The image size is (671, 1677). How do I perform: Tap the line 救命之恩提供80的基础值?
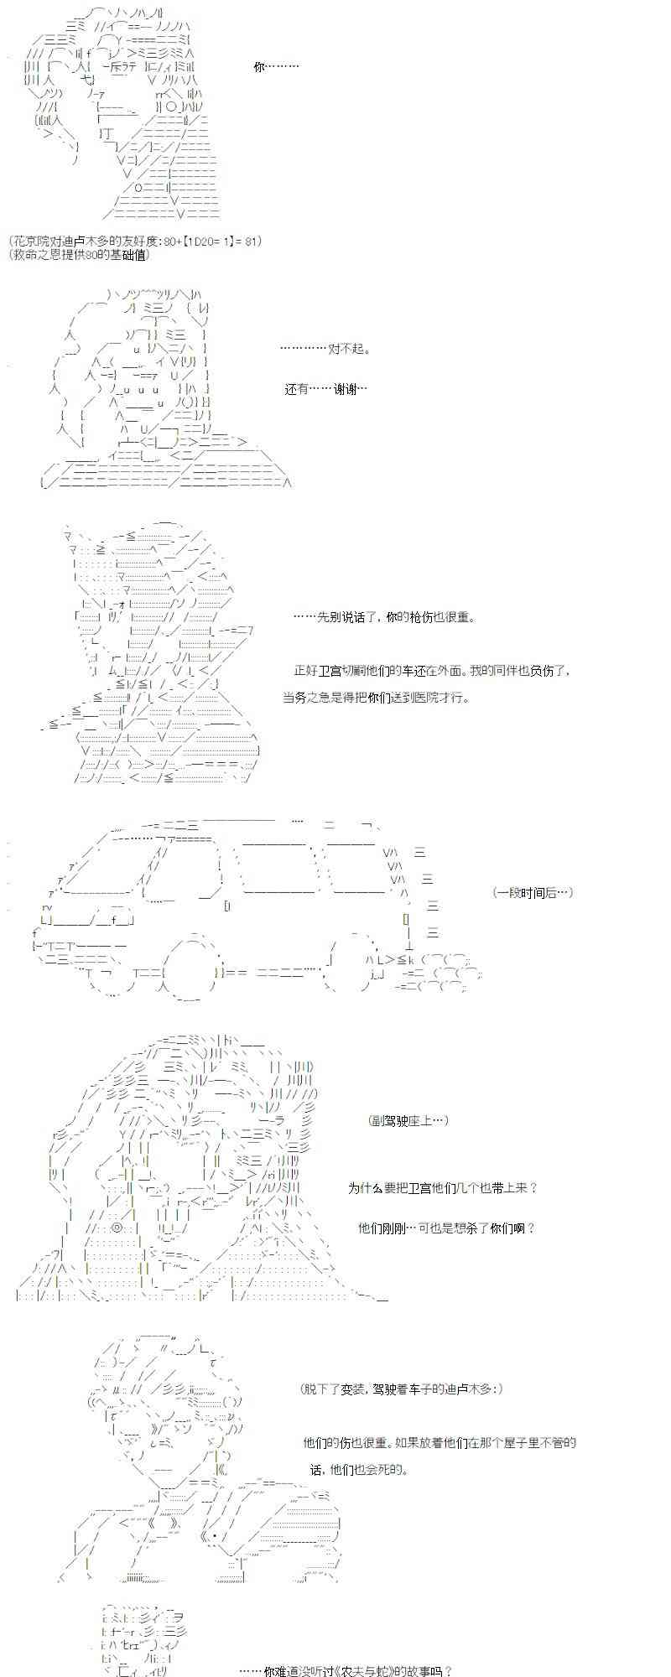tap(80, 254)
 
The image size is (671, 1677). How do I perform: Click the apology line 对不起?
tap(325, 349)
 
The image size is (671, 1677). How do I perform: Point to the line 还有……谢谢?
tap(325, 389)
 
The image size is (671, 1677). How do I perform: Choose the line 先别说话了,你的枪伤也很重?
tap(384, 617)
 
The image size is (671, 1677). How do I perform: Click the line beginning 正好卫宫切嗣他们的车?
tap(432, 671)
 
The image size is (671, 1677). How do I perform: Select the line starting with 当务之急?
tap(377, 697)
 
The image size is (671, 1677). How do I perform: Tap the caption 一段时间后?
tap(533, 892)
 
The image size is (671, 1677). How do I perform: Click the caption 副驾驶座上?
tap(408, 1120)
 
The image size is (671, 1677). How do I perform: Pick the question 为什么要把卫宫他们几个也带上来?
tap(442, 1187)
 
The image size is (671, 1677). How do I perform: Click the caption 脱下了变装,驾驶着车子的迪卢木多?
tap(402, 1389)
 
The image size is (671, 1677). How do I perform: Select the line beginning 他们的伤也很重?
tap(440, 1442)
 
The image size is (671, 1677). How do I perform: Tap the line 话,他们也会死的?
tap(358, 1469)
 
